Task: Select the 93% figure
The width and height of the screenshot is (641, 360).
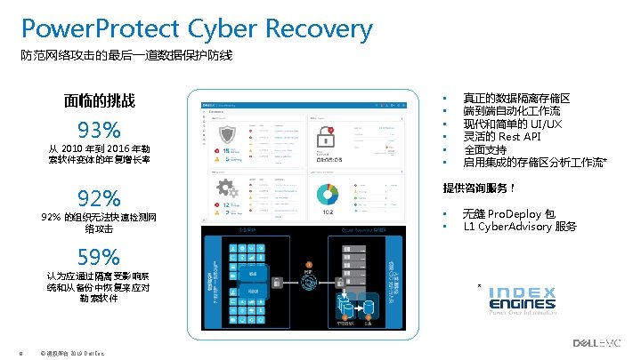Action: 100,129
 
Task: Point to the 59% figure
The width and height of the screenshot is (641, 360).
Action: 99,258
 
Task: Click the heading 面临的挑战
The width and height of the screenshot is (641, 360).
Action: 100,100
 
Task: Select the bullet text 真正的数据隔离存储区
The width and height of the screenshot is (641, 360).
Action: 516,99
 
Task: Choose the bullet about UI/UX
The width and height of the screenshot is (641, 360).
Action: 513,124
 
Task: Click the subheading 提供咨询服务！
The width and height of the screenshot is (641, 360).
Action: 480,188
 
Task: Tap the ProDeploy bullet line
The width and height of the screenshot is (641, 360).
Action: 509,214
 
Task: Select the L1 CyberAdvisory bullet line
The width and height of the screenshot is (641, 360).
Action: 520,227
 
